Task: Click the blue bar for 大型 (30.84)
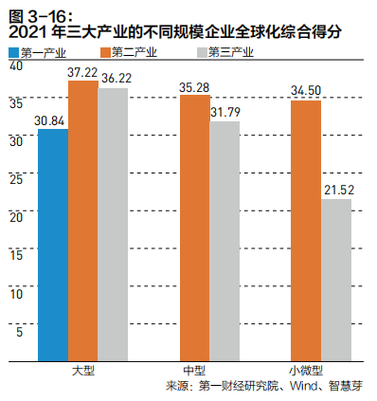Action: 53,245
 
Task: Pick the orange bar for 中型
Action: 194,228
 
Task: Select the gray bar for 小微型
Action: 335,280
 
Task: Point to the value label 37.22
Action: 83,72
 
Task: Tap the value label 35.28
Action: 194,87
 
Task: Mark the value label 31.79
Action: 224,113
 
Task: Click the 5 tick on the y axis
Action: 16,331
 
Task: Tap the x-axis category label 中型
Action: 193,370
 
